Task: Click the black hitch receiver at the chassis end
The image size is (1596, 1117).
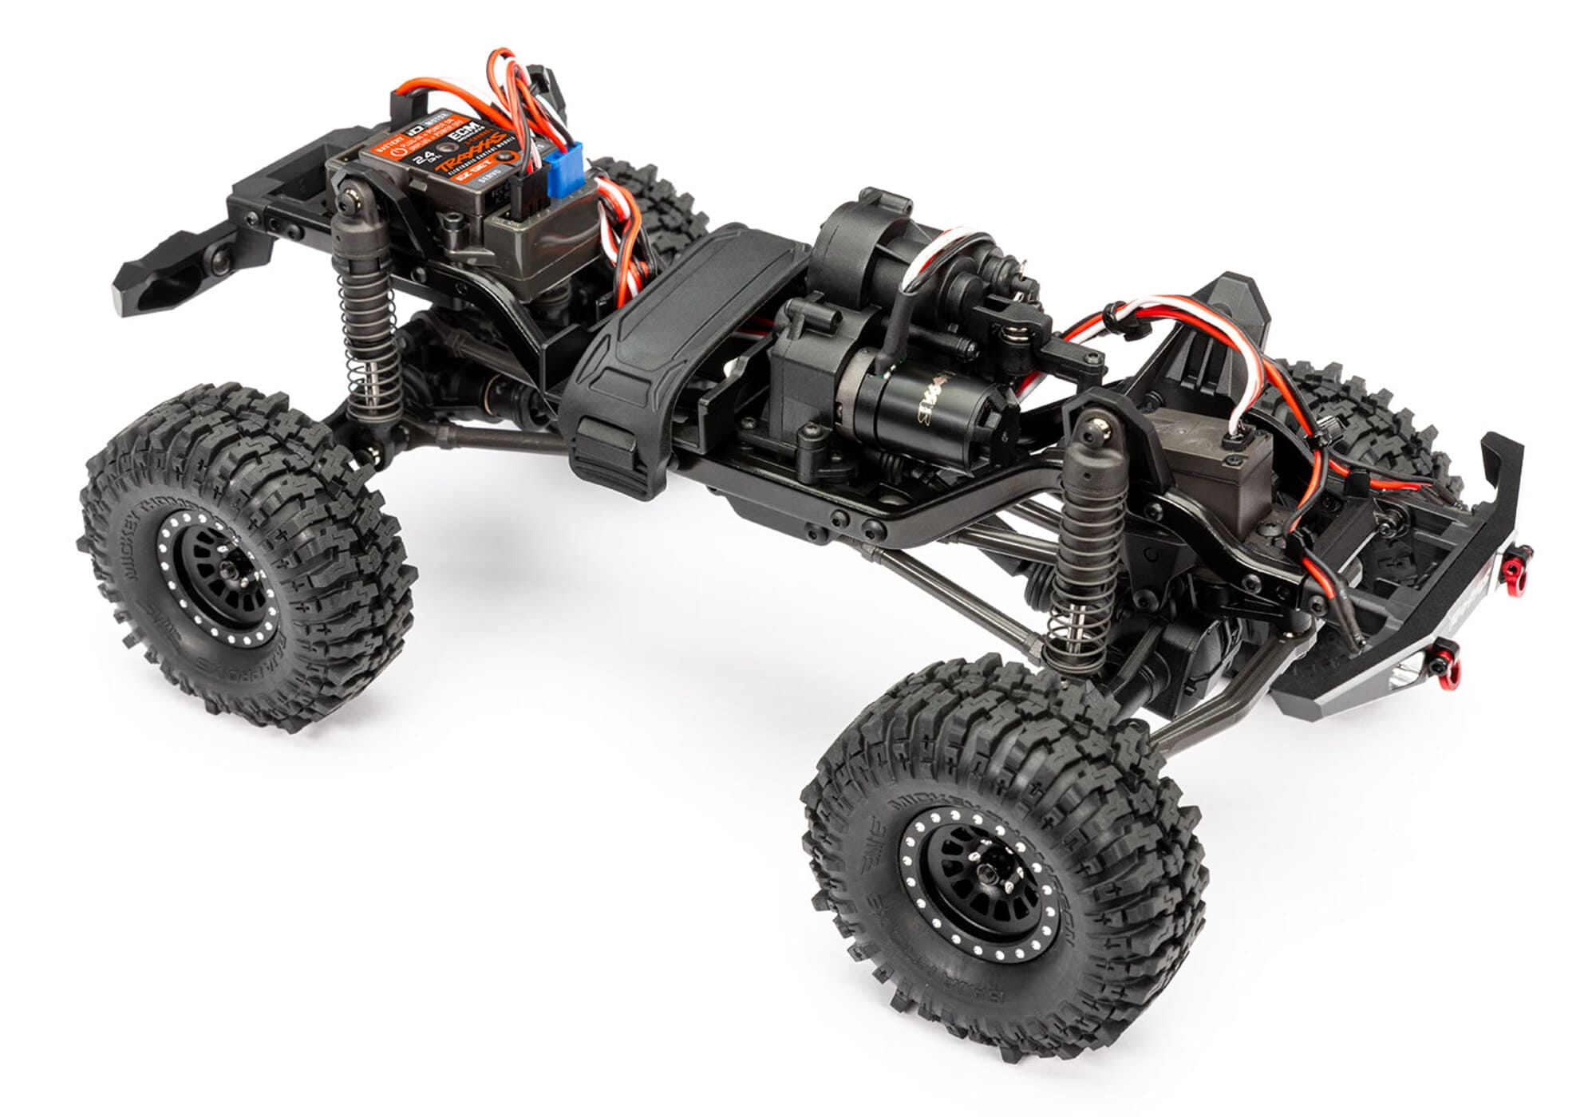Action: coord(160,271)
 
